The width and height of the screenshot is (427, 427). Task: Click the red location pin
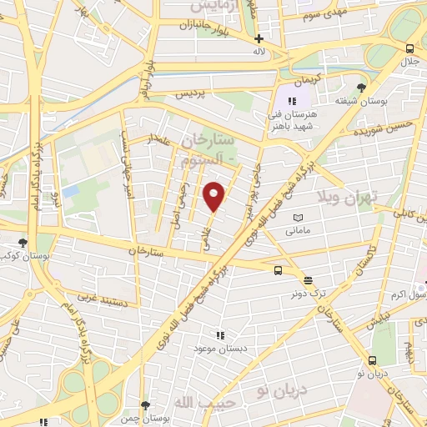coord(215,197)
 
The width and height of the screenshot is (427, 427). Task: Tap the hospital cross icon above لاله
coord(259,38)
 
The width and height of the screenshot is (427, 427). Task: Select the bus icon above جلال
coord(409,48)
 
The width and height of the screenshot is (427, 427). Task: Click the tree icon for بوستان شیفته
coord(361,87)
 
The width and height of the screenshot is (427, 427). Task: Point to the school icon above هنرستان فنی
coord(292,101)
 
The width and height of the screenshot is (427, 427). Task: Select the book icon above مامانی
coord(299,219)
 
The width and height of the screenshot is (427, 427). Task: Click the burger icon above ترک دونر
coord(309,280)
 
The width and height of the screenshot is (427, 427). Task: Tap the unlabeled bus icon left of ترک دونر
coord(279,269)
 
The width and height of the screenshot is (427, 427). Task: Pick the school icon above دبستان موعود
coord(220,334)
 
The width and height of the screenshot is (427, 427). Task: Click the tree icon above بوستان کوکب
coord(23,243)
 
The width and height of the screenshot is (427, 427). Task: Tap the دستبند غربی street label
coord(102,295)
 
